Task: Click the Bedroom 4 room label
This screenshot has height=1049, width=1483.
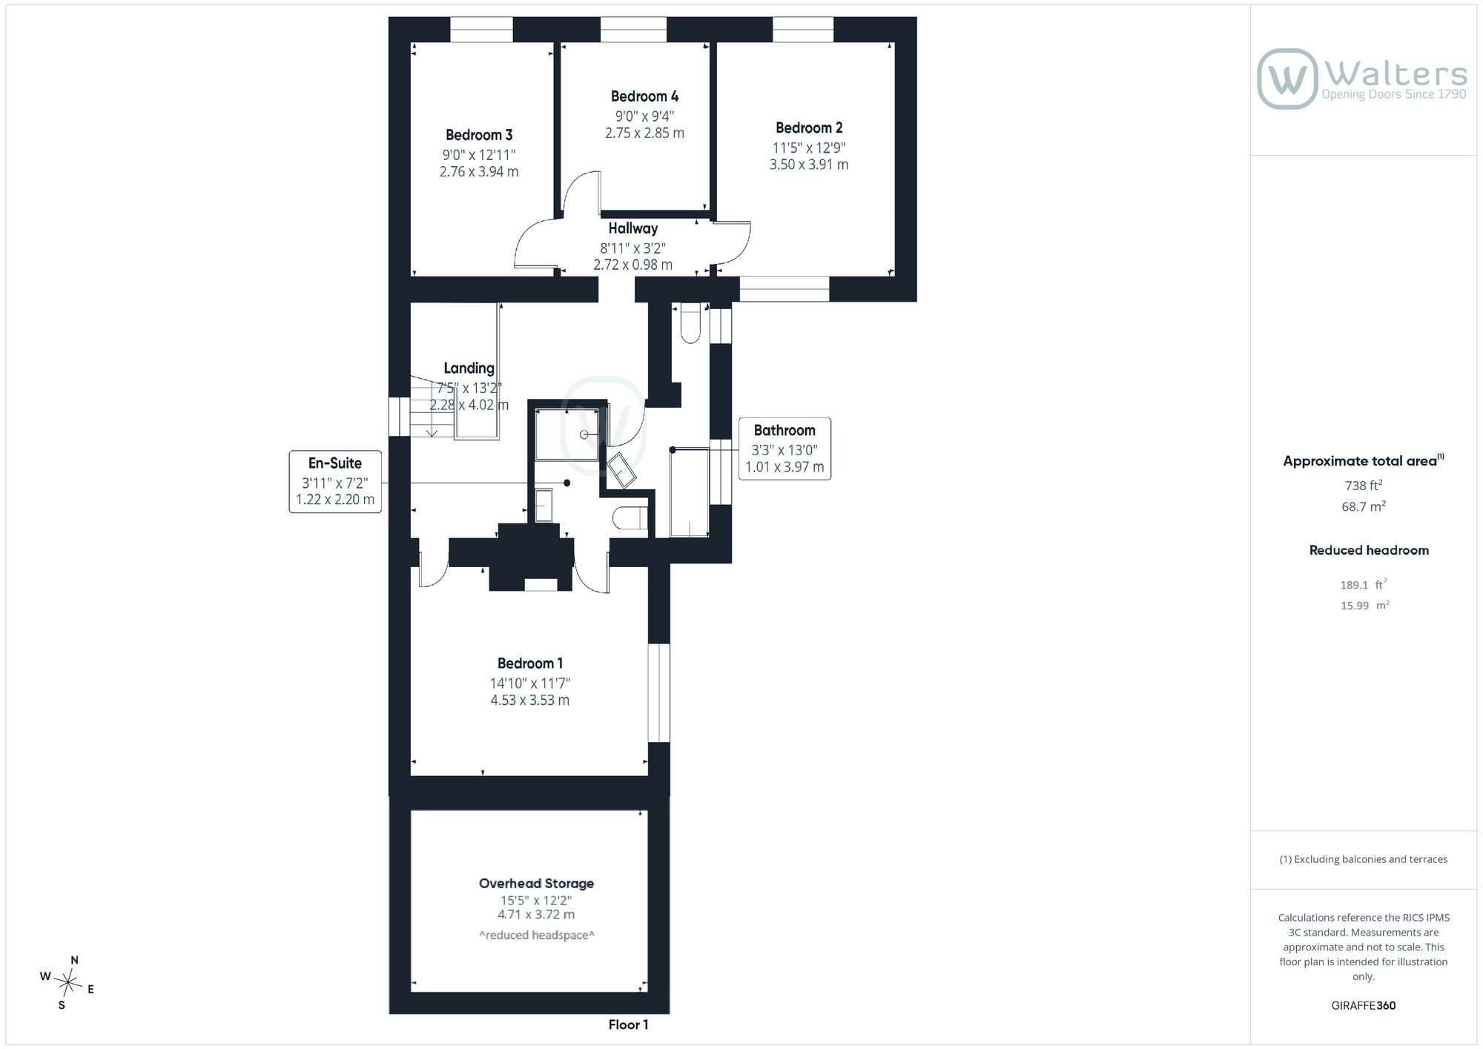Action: pos(644,96)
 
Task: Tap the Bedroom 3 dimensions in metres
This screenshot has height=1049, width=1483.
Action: pos(479,172)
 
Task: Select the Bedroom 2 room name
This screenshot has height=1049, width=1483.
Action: pos(809,128)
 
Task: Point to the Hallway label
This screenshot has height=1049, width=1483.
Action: pos(633,228)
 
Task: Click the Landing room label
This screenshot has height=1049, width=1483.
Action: pos(469,368)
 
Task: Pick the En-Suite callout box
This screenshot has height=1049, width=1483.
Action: pos(335,481)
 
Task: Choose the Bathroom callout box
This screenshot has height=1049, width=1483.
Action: pos(785,449)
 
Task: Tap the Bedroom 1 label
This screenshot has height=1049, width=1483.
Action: pos(530,664)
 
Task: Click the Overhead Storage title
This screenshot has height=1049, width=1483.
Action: pos(536,883)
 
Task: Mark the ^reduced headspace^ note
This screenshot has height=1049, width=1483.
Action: pos(537,936)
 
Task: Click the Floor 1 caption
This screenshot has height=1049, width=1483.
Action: pos(628,1025)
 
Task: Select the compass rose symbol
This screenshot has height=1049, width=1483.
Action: pos(68,984)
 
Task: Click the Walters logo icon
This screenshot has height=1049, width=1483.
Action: pos(1287,79)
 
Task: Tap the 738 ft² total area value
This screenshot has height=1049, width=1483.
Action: pos(1364,486)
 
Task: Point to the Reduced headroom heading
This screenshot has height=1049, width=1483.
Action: pos(1369,550)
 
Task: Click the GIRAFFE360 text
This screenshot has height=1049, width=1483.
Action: pos(1364,1006)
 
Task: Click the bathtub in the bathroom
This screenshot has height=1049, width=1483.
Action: pos(690,492)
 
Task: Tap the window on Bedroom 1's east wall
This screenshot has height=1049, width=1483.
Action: pos(659,692)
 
